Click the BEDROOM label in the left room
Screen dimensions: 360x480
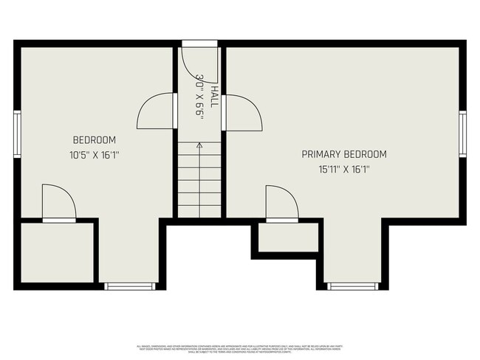94,140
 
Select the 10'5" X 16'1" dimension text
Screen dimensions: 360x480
94,155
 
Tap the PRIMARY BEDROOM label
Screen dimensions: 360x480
344,154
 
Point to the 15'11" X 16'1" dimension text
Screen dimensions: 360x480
344,169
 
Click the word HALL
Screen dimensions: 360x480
214,96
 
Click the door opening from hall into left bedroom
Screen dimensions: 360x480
157,111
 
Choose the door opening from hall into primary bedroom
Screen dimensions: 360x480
242,112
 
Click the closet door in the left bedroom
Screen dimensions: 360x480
58,203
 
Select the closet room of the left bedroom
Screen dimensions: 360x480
58,252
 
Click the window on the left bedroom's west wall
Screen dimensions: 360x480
17,134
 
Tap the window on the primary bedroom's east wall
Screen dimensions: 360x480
462,134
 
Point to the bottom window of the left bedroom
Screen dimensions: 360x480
130,285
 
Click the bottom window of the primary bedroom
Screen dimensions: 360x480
353,285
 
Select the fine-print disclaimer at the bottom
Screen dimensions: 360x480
240,347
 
